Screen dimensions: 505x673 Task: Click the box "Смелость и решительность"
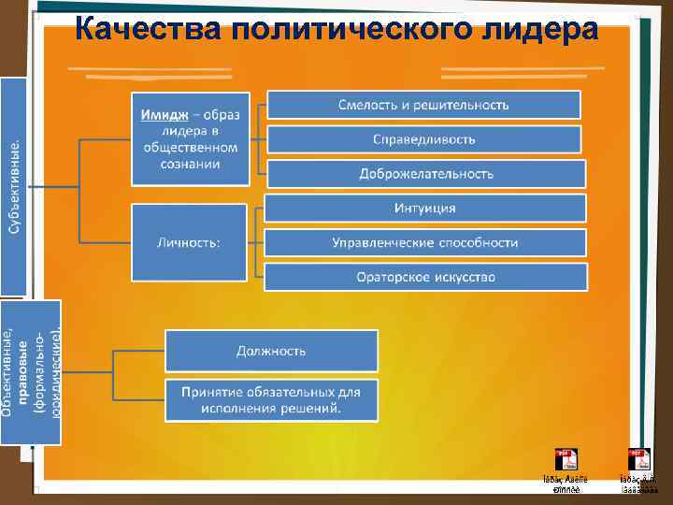[x=423, y=105]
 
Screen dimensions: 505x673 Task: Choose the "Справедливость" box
[x=423, y=139]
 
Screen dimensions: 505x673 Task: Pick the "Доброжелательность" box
[x=425, y=174]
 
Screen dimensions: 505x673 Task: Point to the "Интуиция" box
[x=424, y=208]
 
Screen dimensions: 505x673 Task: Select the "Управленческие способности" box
[x=424, y=242]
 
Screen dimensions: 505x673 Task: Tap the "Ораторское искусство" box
[x=425, y=277]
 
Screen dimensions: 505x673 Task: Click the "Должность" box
[x=271, y=351]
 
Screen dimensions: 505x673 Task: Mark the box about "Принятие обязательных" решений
[x=271, y=400]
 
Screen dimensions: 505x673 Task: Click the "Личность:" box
[x=188, y=243]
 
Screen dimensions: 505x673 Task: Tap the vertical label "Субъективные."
[x=13, y=187]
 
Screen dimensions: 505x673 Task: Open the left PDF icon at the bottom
[x=566, y=460]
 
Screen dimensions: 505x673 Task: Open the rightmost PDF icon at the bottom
[x=639, y=460]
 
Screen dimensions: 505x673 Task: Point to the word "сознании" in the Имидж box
[x=190, y=164]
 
